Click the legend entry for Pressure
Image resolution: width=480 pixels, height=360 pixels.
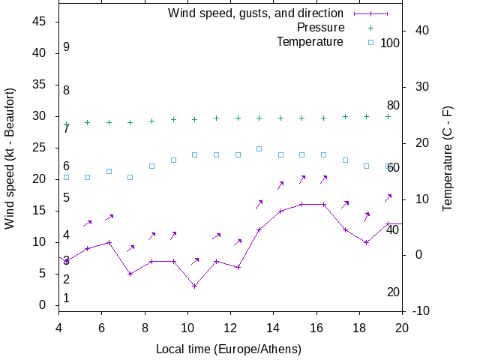(x=320, y=28)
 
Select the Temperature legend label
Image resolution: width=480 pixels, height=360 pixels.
(x=310, y=42)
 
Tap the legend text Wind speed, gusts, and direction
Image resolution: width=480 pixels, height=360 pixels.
(x=255, y=13)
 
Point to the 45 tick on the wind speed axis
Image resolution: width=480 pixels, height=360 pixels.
(x=40, y=22)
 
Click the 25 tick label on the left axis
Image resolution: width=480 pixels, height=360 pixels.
(x=40, y=148)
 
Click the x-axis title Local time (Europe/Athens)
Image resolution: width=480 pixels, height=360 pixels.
(x=229, y=349)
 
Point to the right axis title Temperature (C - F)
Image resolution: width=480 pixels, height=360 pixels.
(x=447, y=157)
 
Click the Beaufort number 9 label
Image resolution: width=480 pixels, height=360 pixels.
(x=66, y=47)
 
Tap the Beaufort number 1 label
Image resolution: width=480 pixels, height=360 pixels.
(x=66, y=298)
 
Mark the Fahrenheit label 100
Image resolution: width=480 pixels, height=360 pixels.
(x=390, y=43)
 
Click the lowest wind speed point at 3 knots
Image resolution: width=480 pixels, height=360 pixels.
(x=194, y=286)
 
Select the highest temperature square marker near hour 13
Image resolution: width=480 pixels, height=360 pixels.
(x=259, y=148)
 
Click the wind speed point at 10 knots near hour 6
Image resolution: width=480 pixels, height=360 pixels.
(x=109, y=242)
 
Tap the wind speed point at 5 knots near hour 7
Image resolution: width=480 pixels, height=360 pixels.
(x=130, y=274)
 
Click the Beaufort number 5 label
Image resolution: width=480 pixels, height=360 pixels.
(x=66, y=198)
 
